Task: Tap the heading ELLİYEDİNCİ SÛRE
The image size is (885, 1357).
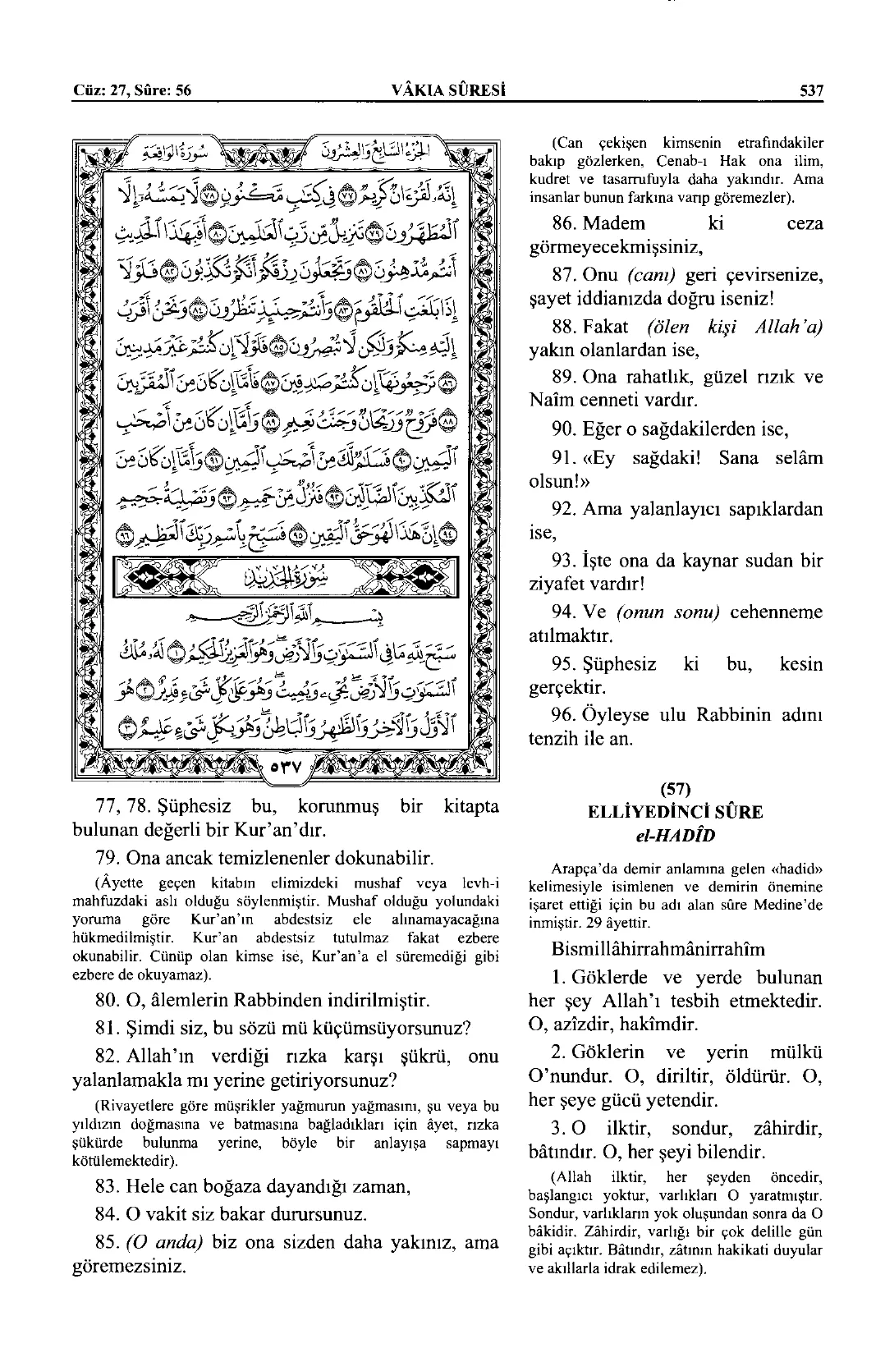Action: (x=675, y=812)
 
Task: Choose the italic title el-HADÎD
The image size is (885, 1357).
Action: (x=675, y=834)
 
